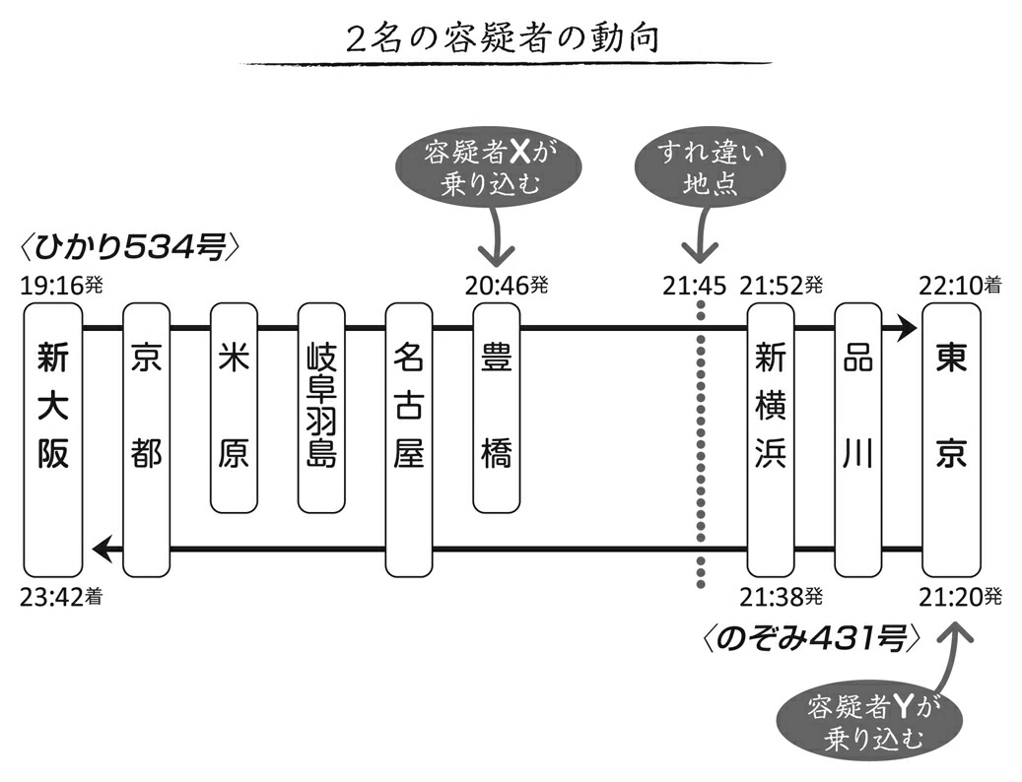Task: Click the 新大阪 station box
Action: pos(53,438)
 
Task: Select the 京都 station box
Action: pos(146,438)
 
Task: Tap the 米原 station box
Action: pos(234,406)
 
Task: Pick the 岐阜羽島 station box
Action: pos(321,406)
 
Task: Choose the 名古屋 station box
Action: pos(408,438)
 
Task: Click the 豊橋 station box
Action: pos(496,406)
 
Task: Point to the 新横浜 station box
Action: pos(770,438)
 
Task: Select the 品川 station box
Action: pos(857,438)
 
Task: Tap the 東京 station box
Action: pos(951,438)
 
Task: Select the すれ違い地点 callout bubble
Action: pos(700,167)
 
